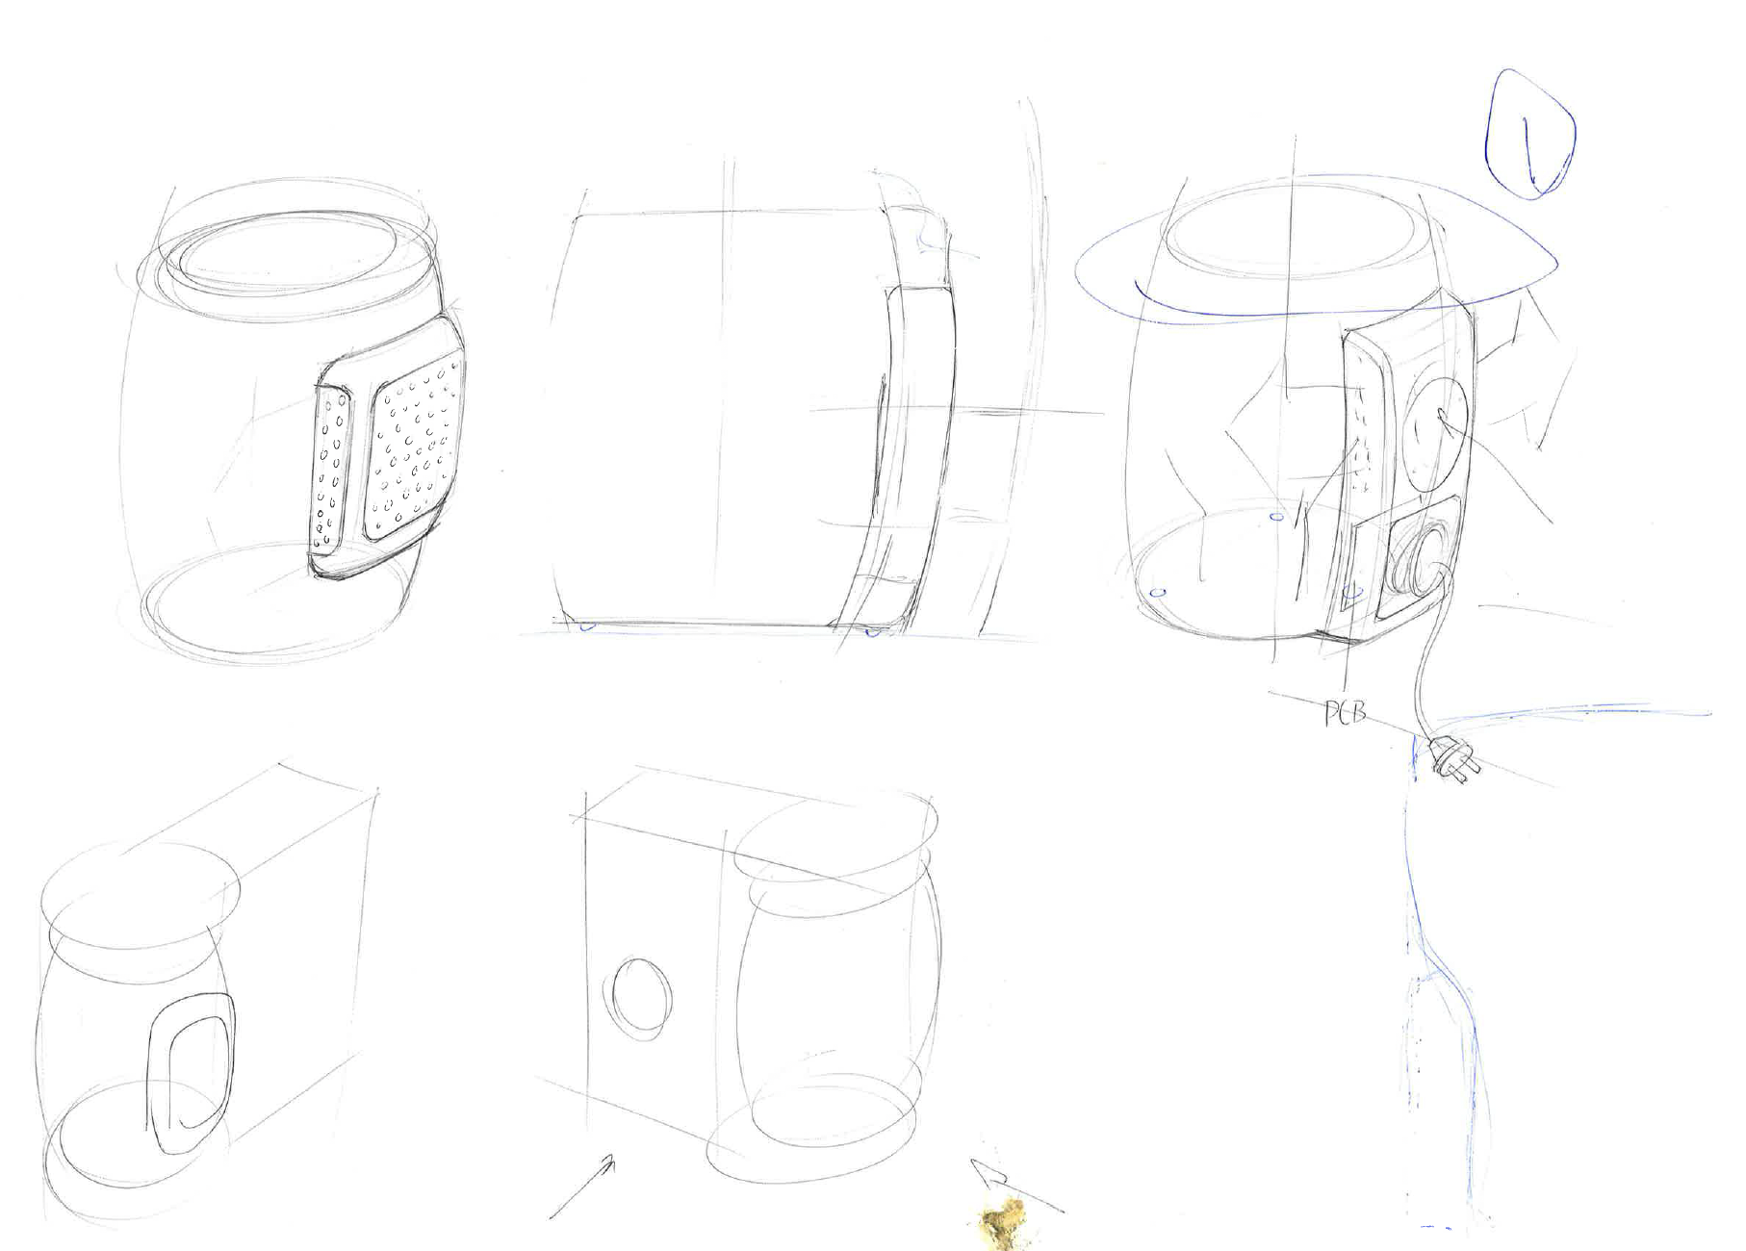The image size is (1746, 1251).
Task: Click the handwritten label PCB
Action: pyautogui.click(x=1346, y=713)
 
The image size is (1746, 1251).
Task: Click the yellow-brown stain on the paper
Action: pyautogui.click(x=1002, y=1221)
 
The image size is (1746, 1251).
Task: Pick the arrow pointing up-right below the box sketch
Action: pyautogui.click(x=582, y=1189)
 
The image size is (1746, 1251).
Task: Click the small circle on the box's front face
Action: pyautogui.click(x=636, y=998)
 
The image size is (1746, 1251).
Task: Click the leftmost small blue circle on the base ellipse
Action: pyautogui.click(x=1159, y=592)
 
